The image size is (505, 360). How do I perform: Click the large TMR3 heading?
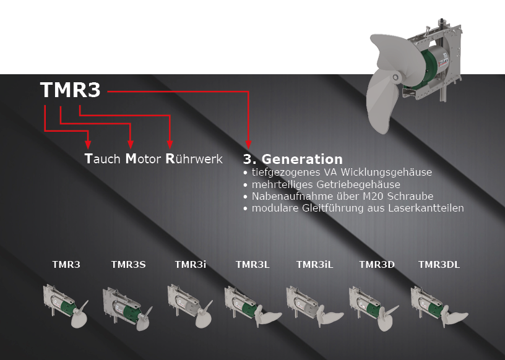coord(70,90)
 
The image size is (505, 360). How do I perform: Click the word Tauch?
coord(102,159)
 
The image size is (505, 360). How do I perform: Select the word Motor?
coord(143,159)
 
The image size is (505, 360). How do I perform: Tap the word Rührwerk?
coord(194,159)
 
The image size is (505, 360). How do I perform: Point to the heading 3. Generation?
coord(293,159)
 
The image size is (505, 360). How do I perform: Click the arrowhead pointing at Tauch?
coord(88,145)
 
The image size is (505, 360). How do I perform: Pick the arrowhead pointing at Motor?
coord(131,145)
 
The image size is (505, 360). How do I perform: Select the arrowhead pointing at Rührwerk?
coord(170,145)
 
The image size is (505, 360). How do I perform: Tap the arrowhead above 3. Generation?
coord(248,145)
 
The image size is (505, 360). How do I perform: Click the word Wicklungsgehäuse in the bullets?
coord(386,173)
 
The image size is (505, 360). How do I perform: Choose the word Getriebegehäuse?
coord(358,184)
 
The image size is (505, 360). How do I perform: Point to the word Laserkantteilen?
coord(426,208)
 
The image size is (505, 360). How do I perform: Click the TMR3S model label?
coord(129,265)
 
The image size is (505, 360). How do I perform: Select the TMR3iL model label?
coord(314,265)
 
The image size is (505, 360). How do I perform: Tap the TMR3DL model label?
coord(439,265)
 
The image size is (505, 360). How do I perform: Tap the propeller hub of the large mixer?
coord(396,77)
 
